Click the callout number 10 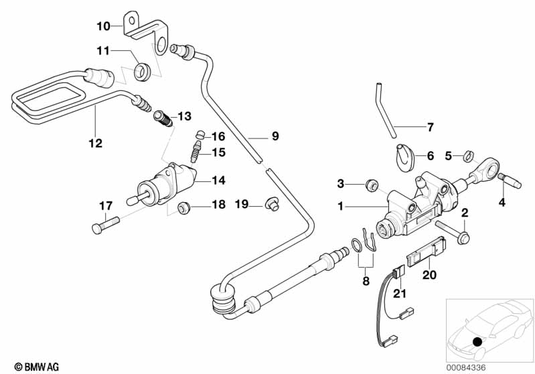pyautogui.click(x=102, y=27)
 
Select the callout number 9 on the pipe pyautogui.click(x=274, y=136)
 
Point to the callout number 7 pyautogui.click(x=431, y=126)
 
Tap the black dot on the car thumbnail pyautogui.click(x=477, y=342)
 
